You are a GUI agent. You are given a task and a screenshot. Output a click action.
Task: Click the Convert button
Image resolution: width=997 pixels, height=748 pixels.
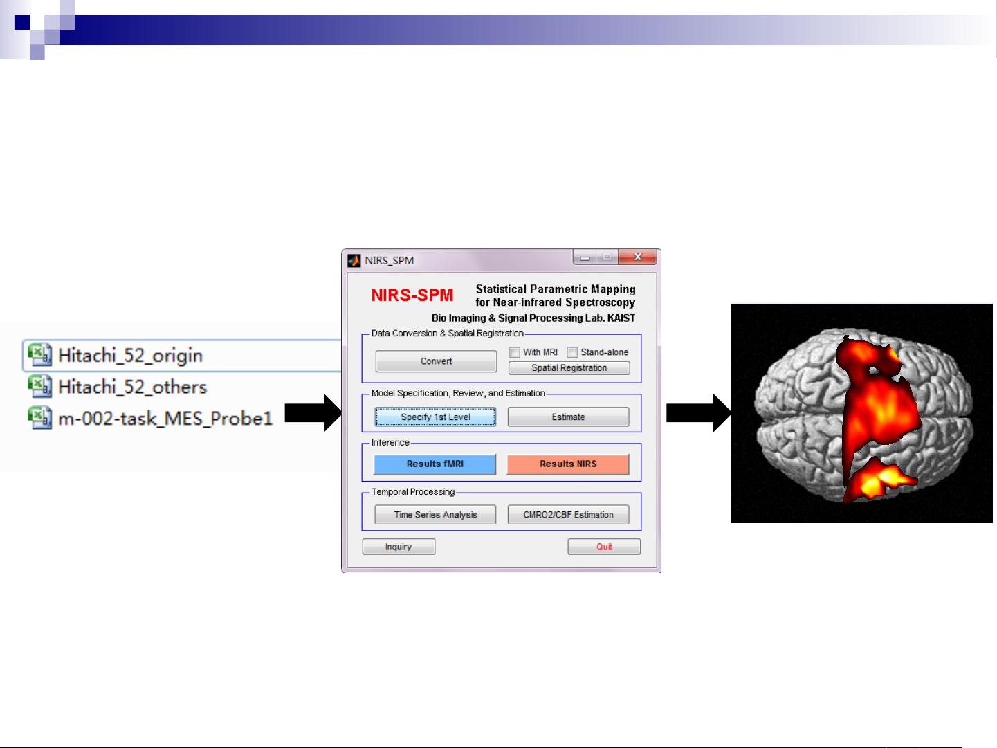click(436, 361)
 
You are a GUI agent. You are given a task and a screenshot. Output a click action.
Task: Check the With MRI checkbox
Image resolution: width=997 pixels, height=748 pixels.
click(515, 352)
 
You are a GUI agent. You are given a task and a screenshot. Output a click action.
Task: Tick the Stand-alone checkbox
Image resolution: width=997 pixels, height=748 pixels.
click(572, 352)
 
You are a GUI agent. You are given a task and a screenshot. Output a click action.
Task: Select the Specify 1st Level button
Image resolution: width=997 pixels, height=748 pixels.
click(435, 417)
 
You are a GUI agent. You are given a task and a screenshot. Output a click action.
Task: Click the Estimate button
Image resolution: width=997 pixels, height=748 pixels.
click(568, 417)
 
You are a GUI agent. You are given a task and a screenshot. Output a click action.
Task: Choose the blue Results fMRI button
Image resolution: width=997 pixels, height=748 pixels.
click(435, 464)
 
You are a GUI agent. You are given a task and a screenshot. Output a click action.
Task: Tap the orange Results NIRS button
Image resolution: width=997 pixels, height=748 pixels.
click(568, 464)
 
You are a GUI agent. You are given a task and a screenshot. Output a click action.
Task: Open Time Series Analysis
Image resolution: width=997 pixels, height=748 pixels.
click(435, 515)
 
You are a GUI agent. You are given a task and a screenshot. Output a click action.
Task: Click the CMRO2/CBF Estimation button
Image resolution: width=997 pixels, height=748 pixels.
click(568, 515)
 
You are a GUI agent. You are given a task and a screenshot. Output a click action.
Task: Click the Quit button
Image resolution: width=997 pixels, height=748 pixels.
click(604, 547)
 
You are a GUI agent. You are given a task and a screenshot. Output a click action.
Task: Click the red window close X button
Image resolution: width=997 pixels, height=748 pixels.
click(637, 257)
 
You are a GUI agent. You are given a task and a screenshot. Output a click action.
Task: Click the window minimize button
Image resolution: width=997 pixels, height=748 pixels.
click(585, 257)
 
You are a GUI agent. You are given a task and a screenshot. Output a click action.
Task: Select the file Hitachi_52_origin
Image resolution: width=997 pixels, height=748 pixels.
click(130, 356)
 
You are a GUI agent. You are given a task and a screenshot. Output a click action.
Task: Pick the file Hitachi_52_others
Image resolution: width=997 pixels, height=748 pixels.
click(132, 387)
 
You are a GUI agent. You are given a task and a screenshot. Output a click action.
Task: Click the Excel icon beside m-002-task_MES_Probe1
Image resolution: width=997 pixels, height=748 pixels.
click(39, 418)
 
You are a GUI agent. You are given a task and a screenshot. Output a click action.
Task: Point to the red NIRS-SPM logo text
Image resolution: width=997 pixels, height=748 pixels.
click(412, 295)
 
